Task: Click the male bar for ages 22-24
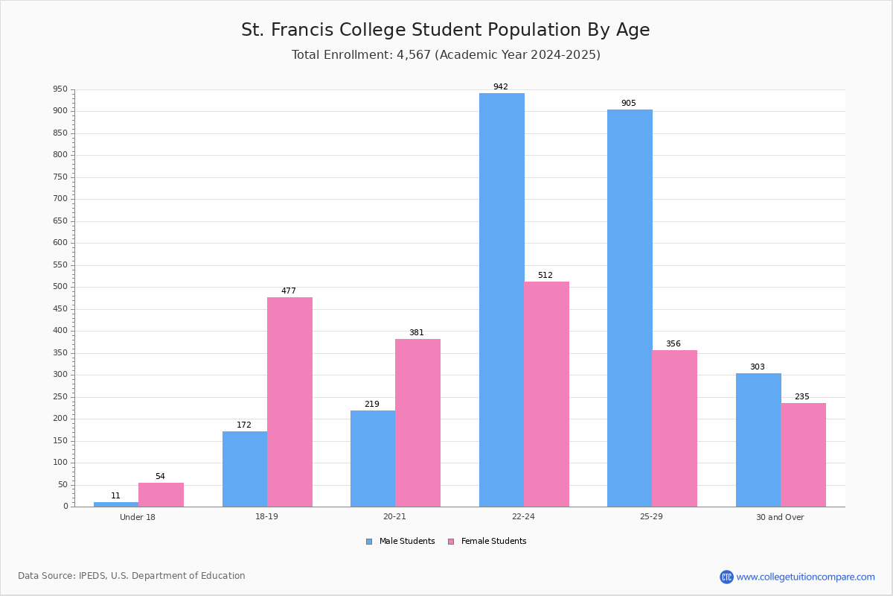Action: pyautogui.click(x=502, y=299)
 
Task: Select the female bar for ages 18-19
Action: pyautogui.click(x=289, y=402)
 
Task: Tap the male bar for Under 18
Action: pyautogui.click(x=116, y=504)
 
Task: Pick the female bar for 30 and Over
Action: pyautogui.click(x=803, y=455)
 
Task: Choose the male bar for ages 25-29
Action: pyautogui.click(x=630, y=308)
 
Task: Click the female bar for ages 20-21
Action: pyautogui.click(x=417, y=422)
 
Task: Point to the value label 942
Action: pyautogui.click(x=501, y=86)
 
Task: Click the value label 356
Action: pyautogui.click(x=673, y=343)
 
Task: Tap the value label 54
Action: pyautogui.click(x=160, y=476)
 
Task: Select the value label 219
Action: pyautogui.click(x=372, y=404)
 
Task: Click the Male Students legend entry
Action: pyautogui.click(x=400, y=542)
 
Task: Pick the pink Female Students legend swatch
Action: pyautogui.click(x=451, y=542)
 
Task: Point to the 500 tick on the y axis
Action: pyautogui.click(x=72, y=287)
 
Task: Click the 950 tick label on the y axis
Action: pyautogui.click(x=60, y=89)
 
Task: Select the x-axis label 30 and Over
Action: pyautogui.click(x=780, y=517)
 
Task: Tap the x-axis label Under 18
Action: pyautogui.click(x=138, y=517)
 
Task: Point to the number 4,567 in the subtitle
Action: pyautogui.click(x=414, y=55)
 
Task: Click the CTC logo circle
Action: pyautogui.click(x=726, y=577)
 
